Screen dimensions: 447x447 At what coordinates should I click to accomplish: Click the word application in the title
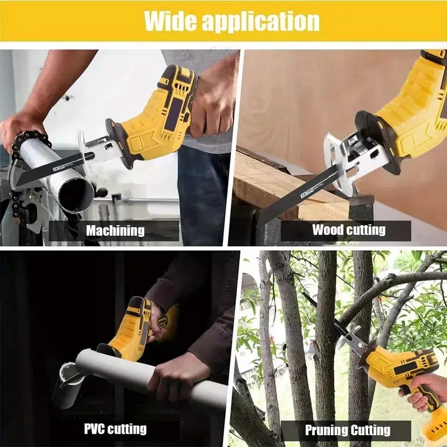[261, 22]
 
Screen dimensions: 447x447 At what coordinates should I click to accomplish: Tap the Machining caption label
[115, 230]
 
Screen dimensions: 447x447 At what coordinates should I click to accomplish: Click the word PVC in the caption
[95, 429]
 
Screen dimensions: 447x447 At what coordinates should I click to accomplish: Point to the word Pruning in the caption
[326, 430]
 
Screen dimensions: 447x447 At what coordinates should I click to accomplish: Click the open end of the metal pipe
[77, 193]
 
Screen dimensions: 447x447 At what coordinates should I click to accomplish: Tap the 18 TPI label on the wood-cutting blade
[307, 192]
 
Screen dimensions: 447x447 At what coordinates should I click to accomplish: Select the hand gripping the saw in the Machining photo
[212, 108]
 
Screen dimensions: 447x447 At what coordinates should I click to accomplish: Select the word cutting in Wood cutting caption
[367, 230]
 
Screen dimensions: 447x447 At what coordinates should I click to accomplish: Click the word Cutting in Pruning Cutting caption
[370, 430]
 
